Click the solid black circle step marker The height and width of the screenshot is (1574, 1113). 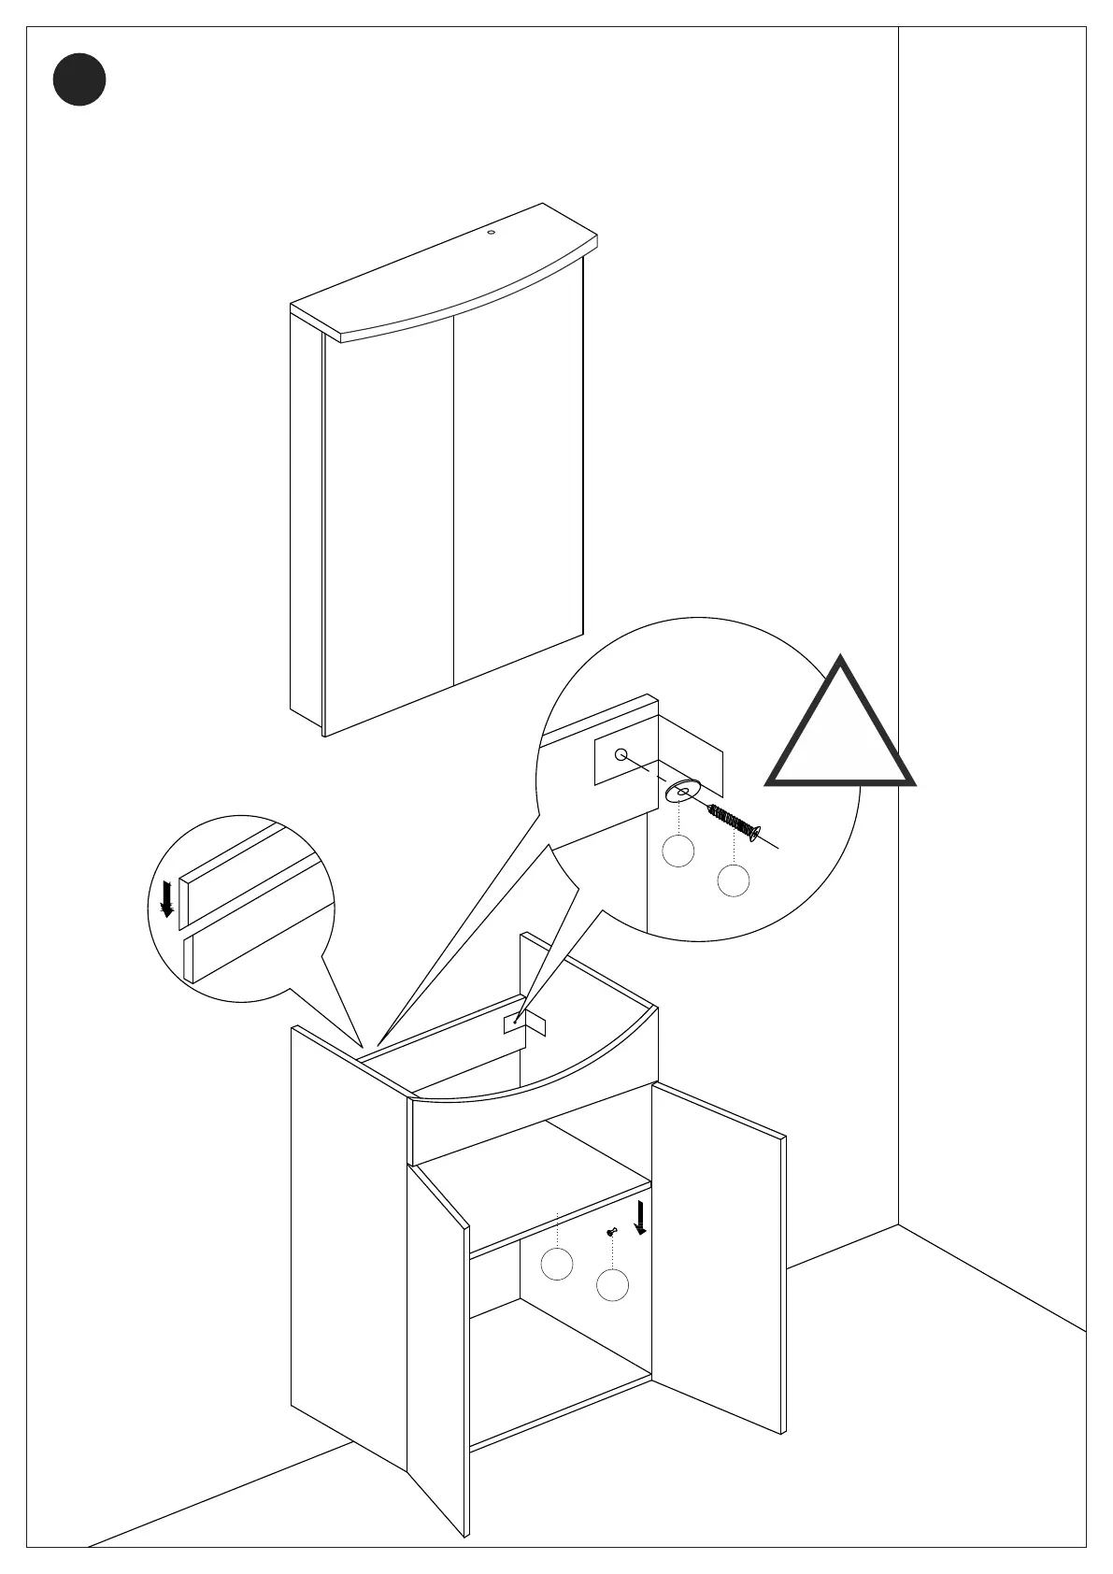(79, 79)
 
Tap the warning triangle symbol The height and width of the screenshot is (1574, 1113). (840, 729)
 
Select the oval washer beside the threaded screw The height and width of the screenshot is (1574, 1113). (683, 791)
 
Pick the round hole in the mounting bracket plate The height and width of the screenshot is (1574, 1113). (621, 754)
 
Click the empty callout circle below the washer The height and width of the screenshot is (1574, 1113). (678, 851)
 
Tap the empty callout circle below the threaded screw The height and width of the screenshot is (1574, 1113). (734, 880)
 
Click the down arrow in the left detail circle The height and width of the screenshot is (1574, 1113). (167, 898)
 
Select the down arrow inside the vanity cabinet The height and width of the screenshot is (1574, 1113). (640, 1218)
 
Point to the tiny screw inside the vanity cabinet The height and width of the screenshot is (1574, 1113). (611, 1232)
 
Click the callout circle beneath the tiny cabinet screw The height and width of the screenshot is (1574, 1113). (612, 1285)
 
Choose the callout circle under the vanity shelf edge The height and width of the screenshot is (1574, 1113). (557, 1264)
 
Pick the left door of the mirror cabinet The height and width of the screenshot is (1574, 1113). (389, 523)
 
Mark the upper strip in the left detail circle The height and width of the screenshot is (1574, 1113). (248, 874)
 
